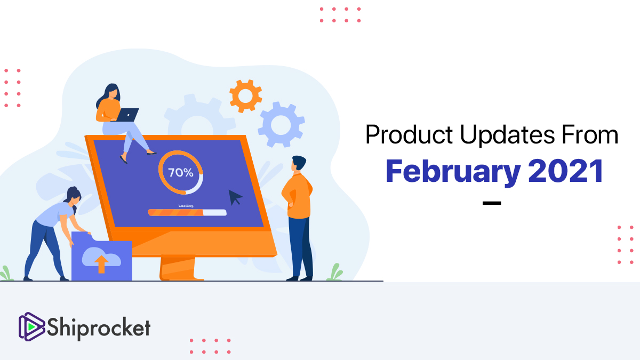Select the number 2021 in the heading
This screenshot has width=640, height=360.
566,171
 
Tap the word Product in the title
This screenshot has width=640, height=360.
409,134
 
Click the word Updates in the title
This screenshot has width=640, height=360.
507,135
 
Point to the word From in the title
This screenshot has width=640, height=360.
590,134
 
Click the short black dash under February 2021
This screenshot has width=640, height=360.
492,203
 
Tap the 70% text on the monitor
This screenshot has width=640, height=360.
181,173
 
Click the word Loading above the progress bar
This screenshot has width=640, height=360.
186,205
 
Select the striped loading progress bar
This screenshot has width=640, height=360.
187,212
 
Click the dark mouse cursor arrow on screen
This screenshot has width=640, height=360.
235,197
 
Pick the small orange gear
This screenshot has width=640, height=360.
246,96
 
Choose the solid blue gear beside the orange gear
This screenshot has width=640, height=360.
281,125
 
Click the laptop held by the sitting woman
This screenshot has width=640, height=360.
127,115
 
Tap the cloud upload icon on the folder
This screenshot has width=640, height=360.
101,260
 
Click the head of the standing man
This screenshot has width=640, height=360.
298,164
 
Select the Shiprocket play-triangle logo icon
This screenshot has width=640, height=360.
31,326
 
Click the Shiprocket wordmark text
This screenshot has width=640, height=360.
99,328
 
